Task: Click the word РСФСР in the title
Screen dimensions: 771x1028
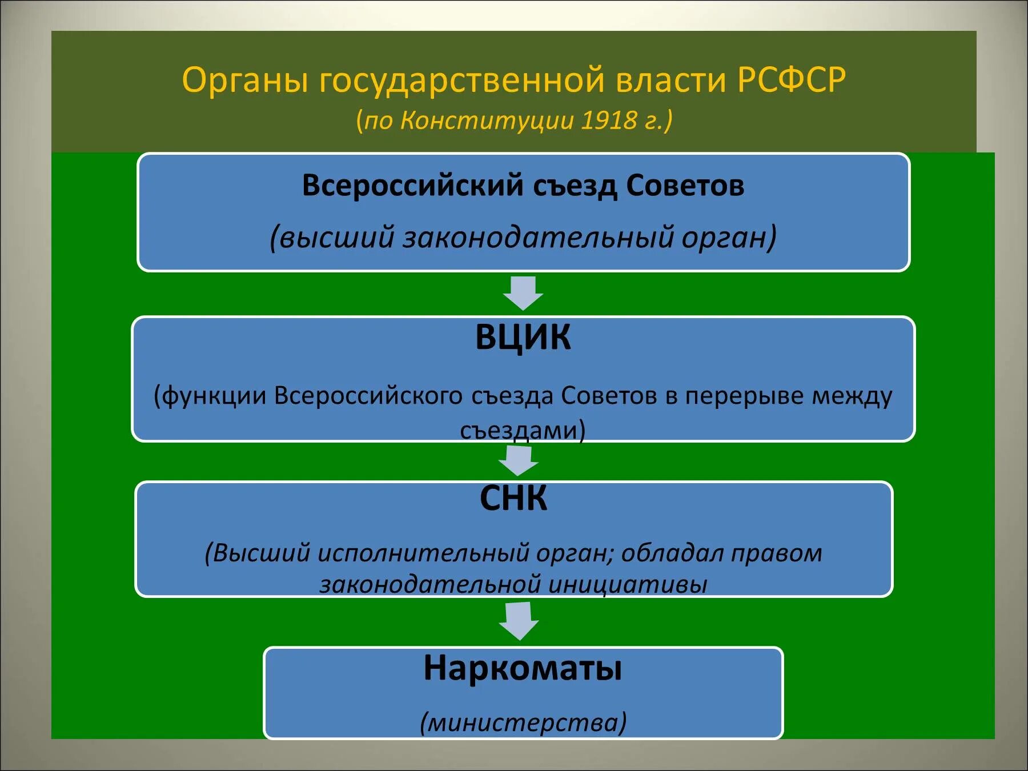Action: [x=791, y=80]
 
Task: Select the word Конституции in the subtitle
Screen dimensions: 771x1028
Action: [x=487, y=121]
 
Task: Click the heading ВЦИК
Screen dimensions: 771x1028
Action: [x=523, y=337]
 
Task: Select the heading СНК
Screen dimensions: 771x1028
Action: [x=513, y=498]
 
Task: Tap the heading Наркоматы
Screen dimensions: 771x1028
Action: [x=523, y=668]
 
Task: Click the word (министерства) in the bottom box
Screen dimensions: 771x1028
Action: [x=523, y=722]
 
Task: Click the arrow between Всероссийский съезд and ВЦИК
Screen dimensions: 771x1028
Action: [x=523, y=293]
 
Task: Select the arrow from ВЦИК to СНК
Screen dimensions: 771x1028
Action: [x=519, y=460]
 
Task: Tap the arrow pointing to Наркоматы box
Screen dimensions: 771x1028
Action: [x=519, y=621]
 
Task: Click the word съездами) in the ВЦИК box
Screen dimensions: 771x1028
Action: [x=523, y=430]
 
